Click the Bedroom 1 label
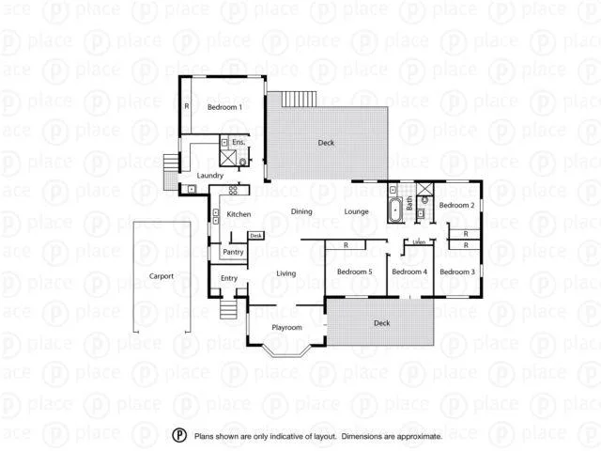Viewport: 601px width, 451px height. coord(224,108)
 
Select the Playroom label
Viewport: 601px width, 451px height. coord(286,327)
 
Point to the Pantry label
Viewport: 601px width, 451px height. coord(233,252)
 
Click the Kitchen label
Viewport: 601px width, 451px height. coord(239,215)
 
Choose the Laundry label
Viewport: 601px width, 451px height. coord(209,176)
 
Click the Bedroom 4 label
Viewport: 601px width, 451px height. coord(409,272)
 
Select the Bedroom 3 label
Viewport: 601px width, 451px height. coord(456,272)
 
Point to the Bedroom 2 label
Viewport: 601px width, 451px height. coord(456,205)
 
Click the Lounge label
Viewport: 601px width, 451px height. coord(356,211)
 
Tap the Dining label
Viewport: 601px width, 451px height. coord(301,211)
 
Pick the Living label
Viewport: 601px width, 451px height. coord(286,273)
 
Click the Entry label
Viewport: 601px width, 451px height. coord(229,278)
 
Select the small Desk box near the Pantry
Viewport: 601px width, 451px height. coord(255,235)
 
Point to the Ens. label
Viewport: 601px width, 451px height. coord(239,142)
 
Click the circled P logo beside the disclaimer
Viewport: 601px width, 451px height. coord(178,435)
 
